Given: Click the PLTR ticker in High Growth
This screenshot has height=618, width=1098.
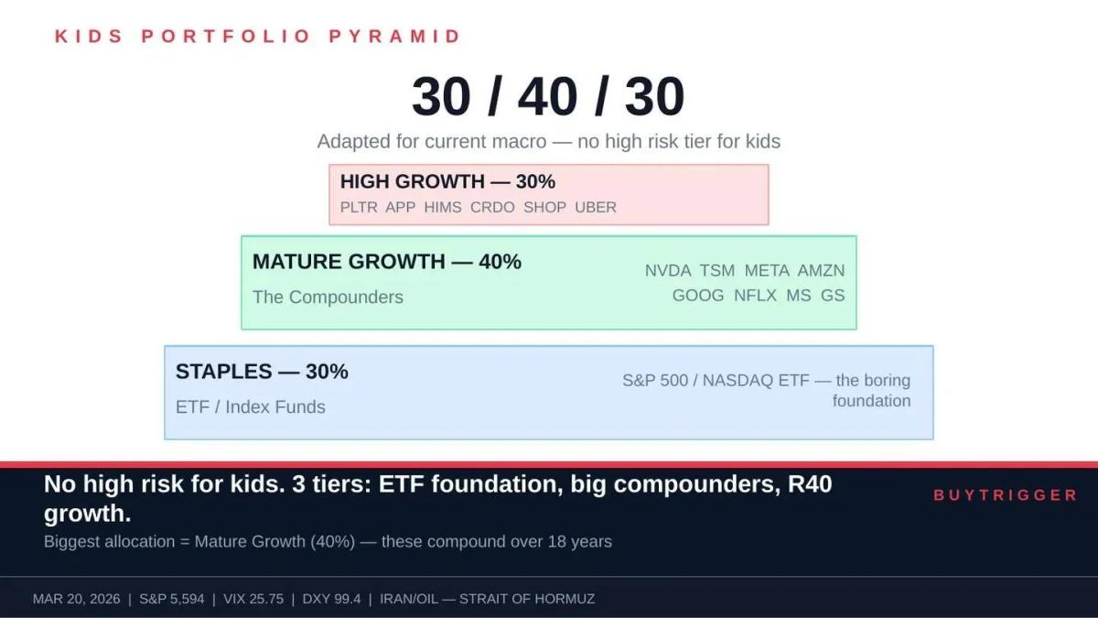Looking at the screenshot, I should [x=358, y=207].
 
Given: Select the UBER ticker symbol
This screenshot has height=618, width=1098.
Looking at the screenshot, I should [x=596, y=207].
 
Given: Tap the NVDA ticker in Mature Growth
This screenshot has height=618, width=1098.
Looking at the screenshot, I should [x=668, y=270].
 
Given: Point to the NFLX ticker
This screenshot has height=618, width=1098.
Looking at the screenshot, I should [x=755, y=295].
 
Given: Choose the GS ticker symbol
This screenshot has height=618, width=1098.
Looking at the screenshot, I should [x=833, y=295].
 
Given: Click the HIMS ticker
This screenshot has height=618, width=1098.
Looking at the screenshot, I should [x=443, y=207].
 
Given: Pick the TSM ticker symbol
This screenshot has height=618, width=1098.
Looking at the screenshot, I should [x=717, y=270].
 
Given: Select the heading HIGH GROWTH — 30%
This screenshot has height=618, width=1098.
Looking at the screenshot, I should [x=447, y=181].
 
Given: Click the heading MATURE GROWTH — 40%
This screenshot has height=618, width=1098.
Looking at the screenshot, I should [x=387, y=261].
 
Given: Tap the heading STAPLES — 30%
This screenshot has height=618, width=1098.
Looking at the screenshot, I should [x=262, y=371].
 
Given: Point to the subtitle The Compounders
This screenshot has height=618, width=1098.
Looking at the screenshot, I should [x=328, y=297].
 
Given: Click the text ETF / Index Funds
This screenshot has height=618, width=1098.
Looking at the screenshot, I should [x=251, y=407].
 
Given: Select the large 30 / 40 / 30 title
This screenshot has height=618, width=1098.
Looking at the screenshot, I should [x=548, y=96].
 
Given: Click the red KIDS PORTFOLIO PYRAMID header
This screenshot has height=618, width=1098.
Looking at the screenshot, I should [x=258, y=37].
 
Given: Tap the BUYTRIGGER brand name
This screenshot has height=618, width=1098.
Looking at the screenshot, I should [x=1006, y=494].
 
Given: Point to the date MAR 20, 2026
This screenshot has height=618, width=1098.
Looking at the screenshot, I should [x=76, y=599].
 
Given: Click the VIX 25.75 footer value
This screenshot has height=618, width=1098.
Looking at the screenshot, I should [x=251, y=599].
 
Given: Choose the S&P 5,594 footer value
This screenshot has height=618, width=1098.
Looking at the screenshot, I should [x=171, y=599].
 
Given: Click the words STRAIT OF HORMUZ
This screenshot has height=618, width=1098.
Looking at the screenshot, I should [x=527, y=599].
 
